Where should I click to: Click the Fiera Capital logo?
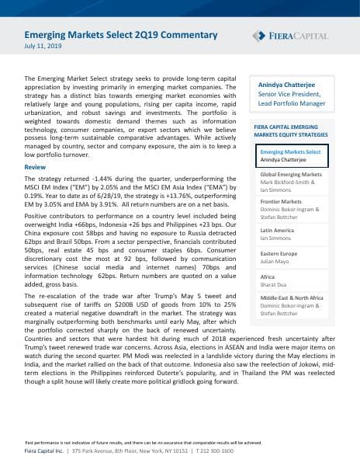coord(290,36)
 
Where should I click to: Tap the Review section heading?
coord(36,167)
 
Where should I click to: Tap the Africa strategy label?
coord(268,276)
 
